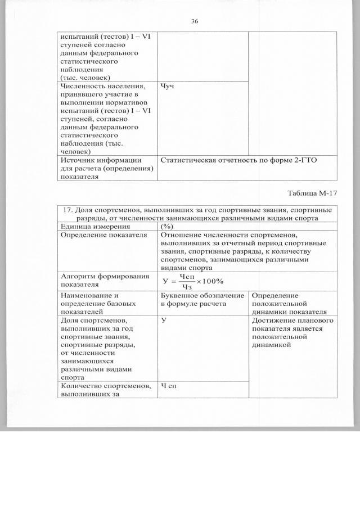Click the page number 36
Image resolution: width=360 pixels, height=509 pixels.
coord(195,21)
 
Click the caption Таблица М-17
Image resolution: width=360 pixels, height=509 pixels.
coord(312,193)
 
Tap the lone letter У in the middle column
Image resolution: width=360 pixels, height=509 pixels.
coord(163,321)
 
